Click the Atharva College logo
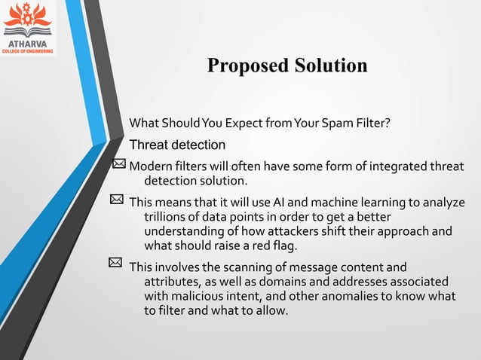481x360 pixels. point(28,28)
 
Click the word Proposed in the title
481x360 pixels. point(244,66)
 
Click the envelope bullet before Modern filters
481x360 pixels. point(119,166)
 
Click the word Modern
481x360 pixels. point(150,166)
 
